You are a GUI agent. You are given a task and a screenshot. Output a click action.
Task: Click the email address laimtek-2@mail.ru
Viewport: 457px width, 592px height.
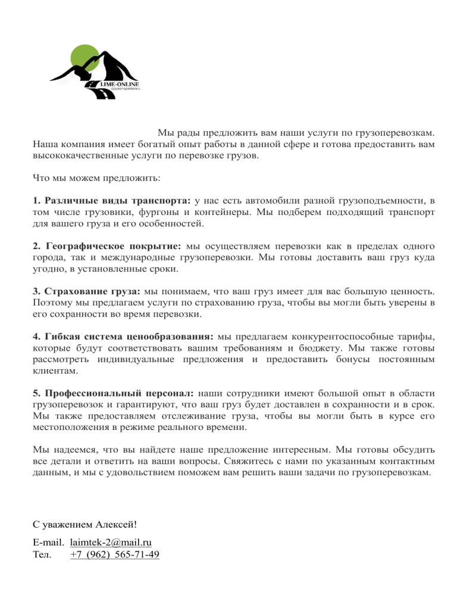pos(111,543)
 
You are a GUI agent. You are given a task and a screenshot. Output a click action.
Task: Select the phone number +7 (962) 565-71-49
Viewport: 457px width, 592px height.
pos(114,555)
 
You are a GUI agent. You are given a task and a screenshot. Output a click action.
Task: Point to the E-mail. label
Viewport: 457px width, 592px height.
pos(48,543)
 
